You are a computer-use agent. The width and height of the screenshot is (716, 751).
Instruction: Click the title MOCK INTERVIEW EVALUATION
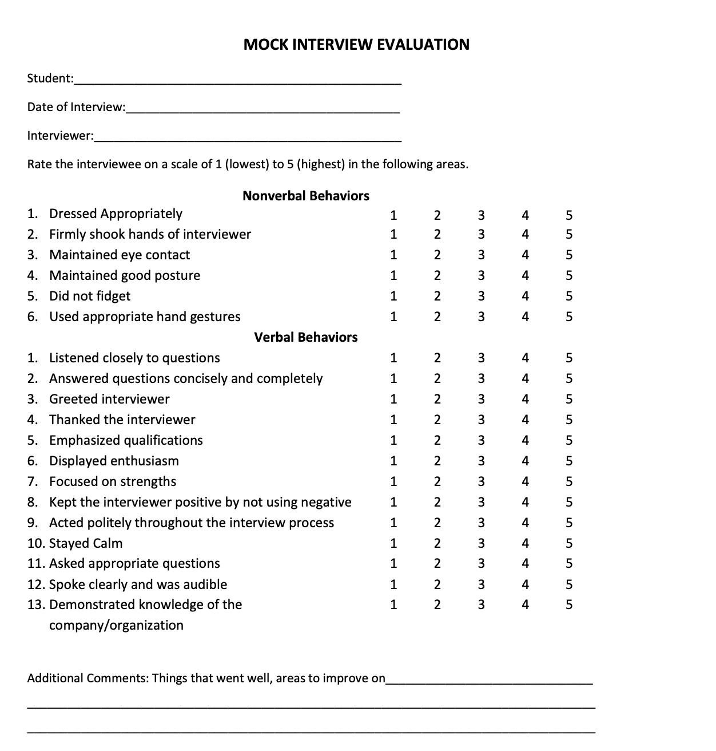click(356, 45)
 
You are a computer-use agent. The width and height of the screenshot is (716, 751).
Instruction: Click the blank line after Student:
click(237, 80)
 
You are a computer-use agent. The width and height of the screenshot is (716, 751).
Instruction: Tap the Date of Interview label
click(75, 107)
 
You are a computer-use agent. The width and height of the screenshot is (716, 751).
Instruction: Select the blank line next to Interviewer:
click(248, 137)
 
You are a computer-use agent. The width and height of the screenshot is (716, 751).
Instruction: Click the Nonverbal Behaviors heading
click(306, 196)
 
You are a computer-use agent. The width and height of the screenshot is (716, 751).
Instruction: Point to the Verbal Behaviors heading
click(306, 337)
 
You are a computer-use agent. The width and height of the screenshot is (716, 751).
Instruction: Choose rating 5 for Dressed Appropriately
click(568, 215)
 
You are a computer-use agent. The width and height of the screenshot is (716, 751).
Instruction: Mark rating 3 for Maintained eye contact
click(481, 255)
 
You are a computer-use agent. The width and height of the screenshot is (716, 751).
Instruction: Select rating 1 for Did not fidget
click(393, 296)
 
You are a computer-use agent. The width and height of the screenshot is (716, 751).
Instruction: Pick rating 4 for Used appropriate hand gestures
click(526, 317)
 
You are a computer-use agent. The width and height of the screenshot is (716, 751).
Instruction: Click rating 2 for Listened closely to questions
click(437, 358)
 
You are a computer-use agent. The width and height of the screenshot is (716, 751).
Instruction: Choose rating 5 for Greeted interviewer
click(568, 399)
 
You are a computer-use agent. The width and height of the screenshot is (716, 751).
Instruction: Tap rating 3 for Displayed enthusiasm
click(481, 461)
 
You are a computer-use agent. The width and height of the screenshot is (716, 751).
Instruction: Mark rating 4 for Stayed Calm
click(526, 543)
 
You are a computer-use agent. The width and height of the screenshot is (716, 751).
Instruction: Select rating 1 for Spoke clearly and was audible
click(393, 584)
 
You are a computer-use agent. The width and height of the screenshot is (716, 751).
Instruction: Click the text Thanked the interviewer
click(122, 420)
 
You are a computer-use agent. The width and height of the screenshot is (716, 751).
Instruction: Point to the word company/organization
click(116, 625)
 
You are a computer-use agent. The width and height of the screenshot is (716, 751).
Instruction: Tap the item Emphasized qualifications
click(126, 440)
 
